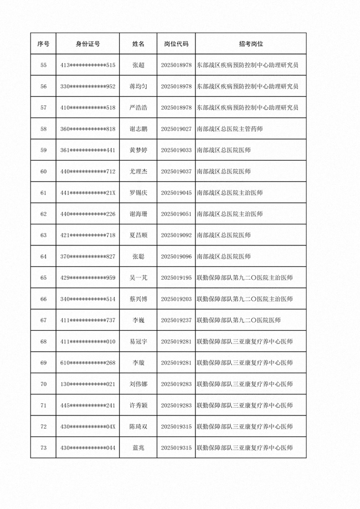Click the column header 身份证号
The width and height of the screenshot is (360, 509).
(88, 44)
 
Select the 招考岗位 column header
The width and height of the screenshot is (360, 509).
(250, 44)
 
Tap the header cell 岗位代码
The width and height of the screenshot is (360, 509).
(176, 44)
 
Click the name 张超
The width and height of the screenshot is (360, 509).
(138, 65)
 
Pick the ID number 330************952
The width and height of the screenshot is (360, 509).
(88, 86)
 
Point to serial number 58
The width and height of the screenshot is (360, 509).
(44, 129)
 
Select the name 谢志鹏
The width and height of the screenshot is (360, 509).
(138, 129)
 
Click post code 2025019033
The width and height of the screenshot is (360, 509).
(176, 150)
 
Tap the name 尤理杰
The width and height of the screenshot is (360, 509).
(138, 172)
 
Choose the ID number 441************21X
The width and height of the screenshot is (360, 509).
(88, 193)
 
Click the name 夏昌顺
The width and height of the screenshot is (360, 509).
(138, 235)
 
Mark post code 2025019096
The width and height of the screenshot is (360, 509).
(176, 256)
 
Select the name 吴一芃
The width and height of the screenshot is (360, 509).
(138, 277)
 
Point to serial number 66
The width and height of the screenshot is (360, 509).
(44, 299)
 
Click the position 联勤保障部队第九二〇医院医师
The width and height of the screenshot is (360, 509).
(239, 320)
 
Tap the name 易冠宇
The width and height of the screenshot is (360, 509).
(138, 342)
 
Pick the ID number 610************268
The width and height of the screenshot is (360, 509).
(88, 363)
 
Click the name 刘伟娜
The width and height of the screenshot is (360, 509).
(138, 384)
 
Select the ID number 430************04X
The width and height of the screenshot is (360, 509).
(88, 426)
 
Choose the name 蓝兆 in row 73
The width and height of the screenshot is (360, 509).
(138, 448)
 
